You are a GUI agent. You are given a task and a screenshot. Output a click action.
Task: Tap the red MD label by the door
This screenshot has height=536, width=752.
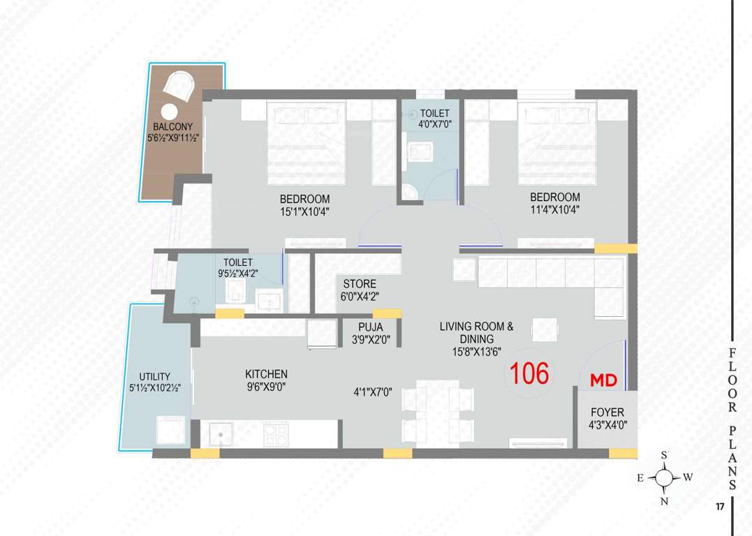pyautogui.click(x=605, y=380)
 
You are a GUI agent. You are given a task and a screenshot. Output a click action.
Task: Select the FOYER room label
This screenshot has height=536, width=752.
pyautogui.click(x=607, y=412)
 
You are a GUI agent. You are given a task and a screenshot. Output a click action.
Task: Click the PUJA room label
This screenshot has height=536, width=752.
pyautogui.click(x=370, y=327)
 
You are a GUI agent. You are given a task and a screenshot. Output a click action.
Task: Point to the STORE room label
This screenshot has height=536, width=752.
pyautogui.click(x=360, y=284)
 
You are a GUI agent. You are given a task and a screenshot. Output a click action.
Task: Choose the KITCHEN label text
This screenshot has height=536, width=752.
pyautogui.click(x=266, y=375)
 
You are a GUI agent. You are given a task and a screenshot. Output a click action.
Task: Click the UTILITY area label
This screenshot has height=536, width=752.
pyautogui.click(x=154, y=377)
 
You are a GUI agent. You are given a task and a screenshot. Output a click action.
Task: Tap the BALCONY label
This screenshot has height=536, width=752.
pyautogui.click(x=173, y=127)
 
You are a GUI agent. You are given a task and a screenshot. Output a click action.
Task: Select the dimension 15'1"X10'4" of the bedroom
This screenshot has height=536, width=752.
pyautogui.click(x=304, y=210)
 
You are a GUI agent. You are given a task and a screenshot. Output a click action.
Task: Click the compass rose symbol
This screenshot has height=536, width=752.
pyautogui.click(x=665, y=478)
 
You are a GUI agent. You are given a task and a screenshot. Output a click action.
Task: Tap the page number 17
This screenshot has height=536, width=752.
pyautogui.click(x=719, y=507)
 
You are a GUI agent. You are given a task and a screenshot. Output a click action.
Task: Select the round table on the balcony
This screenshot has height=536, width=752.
pyautogui.click(x=169, y=111)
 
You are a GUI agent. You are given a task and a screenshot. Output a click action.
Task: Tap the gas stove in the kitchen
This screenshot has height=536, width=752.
pyautogui.click(x=277, y=434)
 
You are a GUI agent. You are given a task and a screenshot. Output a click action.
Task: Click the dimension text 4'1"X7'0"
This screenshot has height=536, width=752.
pyautogui.click(x=373, y=392)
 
